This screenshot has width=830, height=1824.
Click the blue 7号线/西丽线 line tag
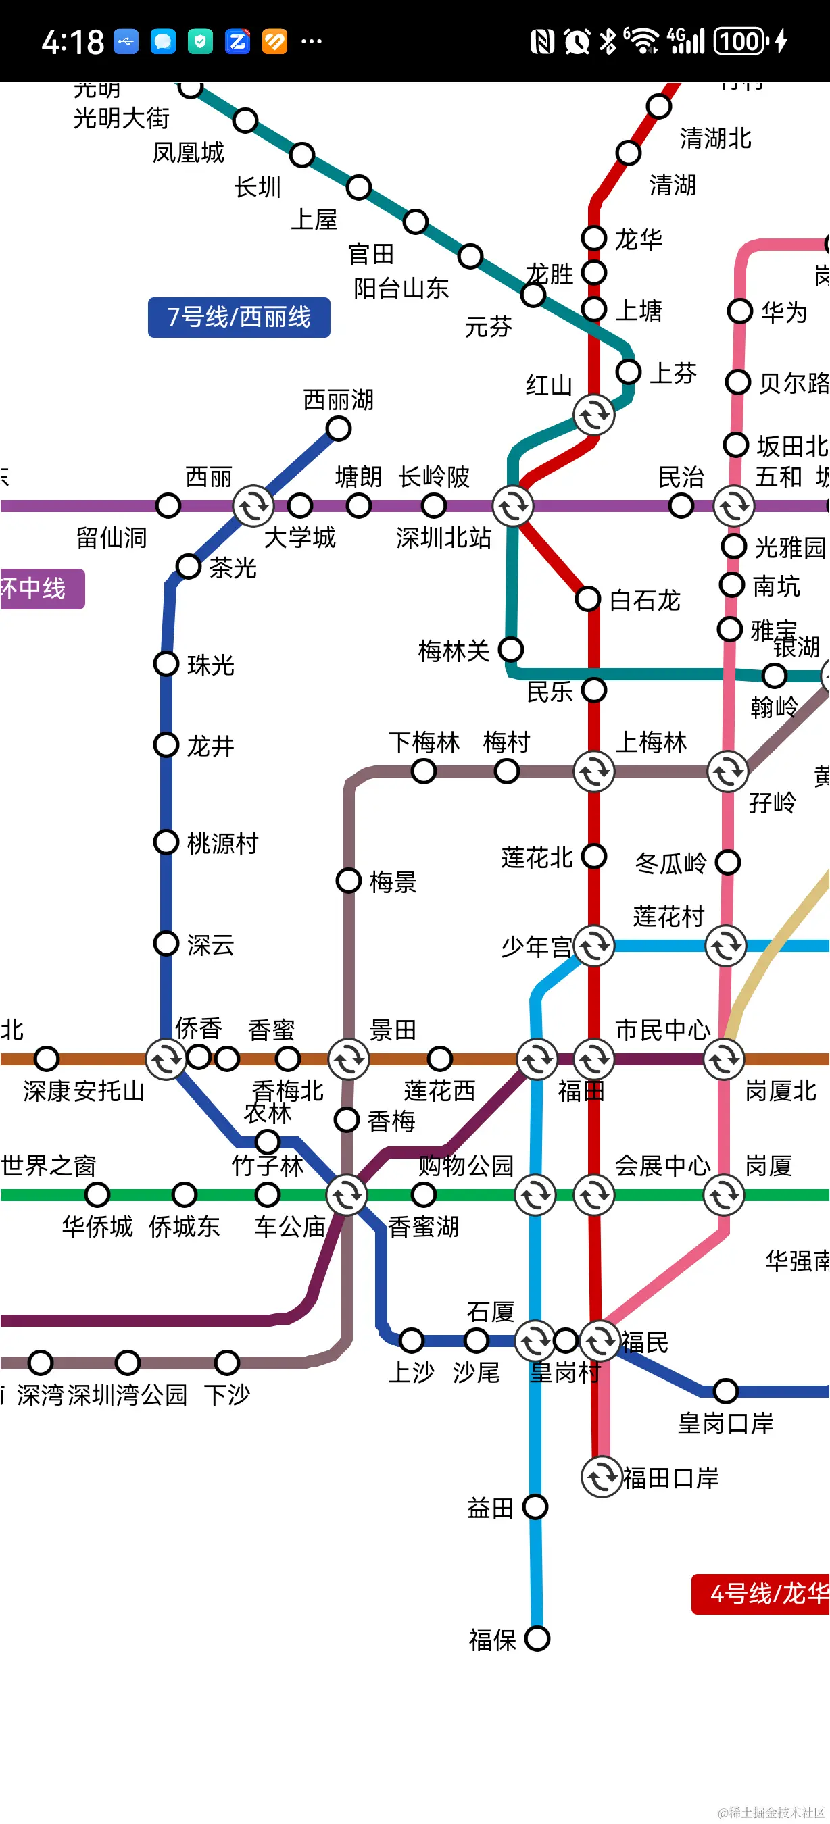click(x=239, y=318)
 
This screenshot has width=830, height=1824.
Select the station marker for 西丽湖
click(x=339, y=428)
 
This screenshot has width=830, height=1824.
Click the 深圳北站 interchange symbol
click(x=513, y=505)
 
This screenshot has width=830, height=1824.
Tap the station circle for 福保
click(x=537, y=1638)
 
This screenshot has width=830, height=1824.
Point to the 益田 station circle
click(x=535, y=1506)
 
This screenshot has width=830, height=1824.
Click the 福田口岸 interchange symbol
click(x=602, y=1477)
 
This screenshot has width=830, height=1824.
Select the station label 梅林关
click(x=454, y=651)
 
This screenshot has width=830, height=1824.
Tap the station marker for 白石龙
click(x=588, y=599)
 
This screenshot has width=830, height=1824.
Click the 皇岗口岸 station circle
click(x=725, y=1391)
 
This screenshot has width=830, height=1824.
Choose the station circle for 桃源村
click(x=166, y=842)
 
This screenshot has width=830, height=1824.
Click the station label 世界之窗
click(x=48, y=1165)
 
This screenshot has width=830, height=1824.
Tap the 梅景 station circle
click(x=349, y=881)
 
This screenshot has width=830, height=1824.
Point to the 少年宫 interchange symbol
click(x=593, y=945)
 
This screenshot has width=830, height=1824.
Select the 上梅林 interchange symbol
click(x=593, y=771)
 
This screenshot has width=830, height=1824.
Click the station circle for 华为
click(x=739, y=311)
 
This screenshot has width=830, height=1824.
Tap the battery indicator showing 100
click(x=741, y=41)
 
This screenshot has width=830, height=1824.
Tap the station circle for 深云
click(x=166, y=943)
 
